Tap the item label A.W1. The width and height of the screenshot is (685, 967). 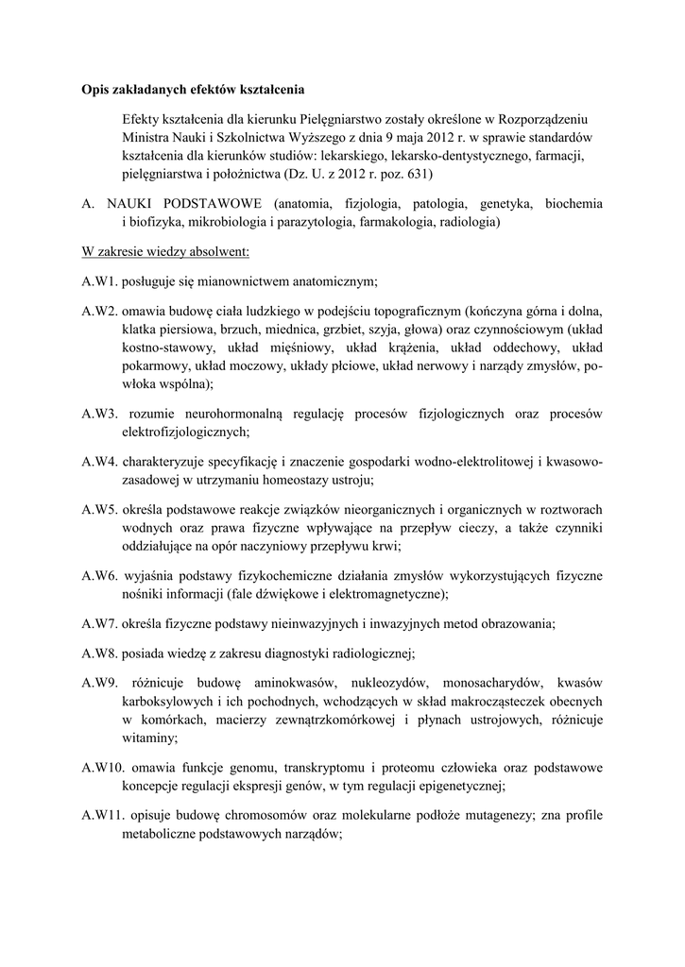pyautogui.click(x=98, y=281)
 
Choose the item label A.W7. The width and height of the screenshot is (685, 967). pyautogui.click(x=99, y=623)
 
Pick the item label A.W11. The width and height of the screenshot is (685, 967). pyautogui.click(x=102, y=815)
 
